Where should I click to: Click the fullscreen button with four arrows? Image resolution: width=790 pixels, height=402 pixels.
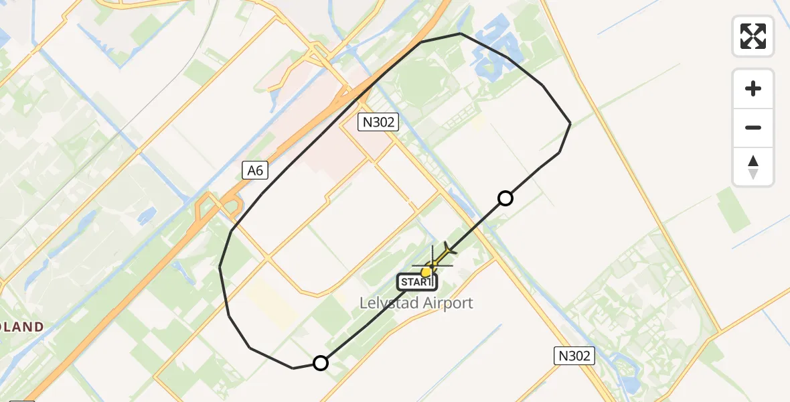753,36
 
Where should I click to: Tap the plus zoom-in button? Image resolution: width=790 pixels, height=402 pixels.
753,88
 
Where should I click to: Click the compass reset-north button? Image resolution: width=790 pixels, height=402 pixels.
753,167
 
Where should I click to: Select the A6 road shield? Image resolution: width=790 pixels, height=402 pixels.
256,171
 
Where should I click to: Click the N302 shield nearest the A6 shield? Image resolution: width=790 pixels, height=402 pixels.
378,121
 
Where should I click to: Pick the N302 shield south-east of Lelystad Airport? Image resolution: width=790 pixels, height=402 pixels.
574,356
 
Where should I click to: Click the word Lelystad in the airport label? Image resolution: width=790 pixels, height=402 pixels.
387,303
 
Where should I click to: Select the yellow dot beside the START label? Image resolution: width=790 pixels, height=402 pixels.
426,271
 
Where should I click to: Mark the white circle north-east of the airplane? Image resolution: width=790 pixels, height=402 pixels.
505,198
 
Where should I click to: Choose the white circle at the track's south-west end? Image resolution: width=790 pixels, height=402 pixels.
321,363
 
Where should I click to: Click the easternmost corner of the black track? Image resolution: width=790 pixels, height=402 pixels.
570,123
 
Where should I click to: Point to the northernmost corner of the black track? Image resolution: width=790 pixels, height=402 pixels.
461,33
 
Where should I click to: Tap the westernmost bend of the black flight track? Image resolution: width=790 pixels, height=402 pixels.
220,267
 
